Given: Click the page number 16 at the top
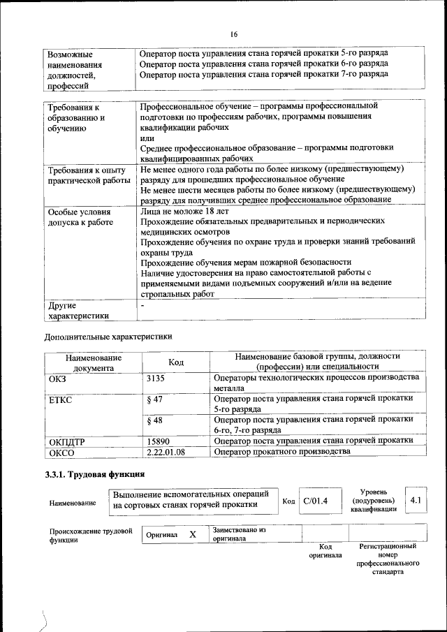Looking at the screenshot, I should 233,34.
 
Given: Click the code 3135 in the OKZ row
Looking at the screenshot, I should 158,377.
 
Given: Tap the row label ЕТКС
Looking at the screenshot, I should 61,399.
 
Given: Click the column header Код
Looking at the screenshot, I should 176,362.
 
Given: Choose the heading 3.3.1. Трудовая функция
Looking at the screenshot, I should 95,475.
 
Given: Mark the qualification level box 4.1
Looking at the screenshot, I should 417,501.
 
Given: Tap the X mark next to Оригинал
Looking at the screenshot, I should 193,534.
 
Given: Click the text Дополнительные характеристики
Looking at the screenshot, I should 108,337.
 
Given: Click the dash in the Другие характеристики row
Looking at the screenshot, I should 142,306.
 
